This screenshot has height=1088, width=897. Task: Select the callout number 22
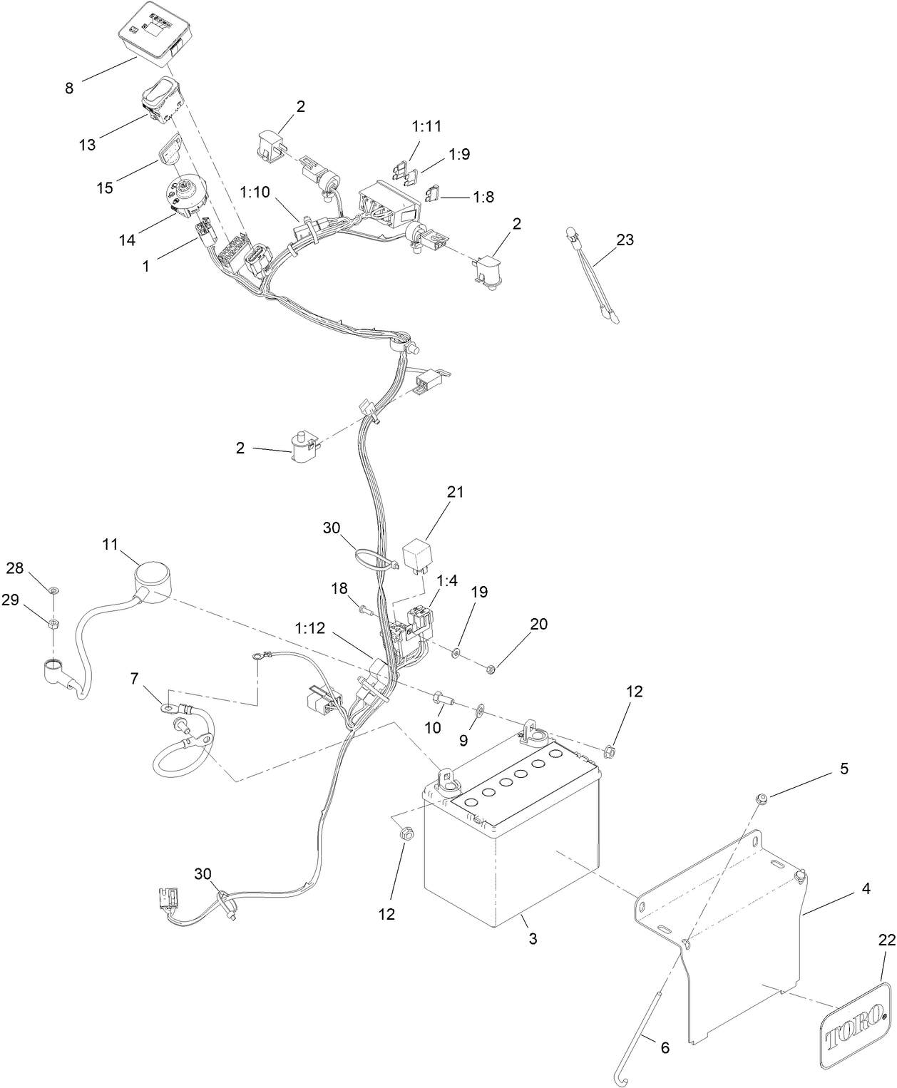886,940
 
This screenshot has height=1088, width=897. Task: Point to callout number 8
69,88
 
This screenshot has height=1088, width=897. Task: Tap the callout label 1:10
255,192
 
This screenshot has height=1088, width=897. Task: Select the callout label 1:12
310,627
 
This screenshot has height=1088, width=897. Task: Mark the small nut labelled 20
490,669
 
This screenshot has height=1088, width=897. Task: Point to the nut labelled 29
53,624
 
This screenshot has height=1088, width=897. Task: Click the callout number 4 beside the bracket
866,888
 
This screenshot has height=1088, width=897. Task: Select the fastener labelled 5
762,797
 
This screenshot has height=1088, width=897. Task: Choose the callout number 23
625,240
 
